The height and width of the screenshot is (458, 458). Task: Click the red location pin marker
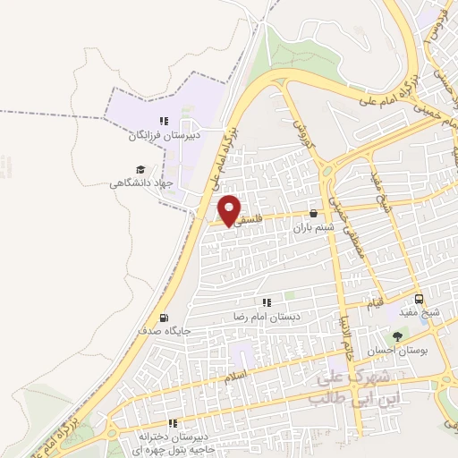click(230, 209)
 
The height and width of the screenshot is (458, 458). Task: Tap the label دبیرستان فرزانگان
click(163, 137)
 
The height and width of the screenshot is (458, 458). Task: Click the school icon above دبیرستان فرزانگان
click(163, 122)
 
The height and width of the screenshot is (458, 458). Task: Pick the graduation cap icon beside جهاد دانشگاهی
click(140, 169)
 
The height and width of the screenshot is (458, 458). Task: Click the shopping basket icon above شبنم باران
click(314, 214)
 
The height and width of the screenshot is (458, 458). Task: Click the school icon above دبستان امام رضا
click(266, 303)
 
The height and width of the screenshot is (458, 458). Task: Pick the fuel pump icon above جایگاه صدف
click(163, 317)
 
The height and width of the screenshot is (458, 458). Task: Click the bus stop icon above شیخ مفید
click(419, 299)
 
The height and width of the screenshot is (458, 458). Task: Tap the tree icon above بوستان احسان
click(397, 335)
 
